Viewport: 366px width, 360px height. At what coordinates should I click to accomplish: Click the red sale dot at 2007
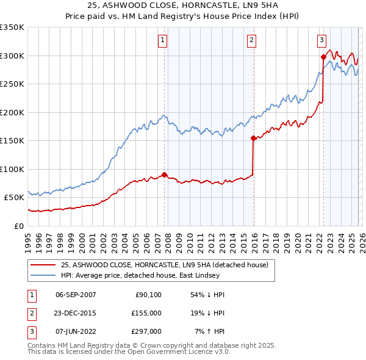tap(165, 175)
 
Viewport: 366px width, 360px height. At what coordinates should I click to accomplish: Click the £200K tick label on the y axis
tap(12, 112)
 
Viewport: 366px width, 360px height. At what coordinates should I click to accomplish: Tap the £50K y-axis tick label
tap(15, 198)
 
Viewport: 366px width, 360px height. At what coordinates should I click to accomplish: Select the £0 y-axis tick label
tap(20, 226)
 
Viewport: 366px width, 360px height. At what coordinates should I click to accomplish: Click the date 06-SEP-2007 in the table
tap(76, 294)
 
